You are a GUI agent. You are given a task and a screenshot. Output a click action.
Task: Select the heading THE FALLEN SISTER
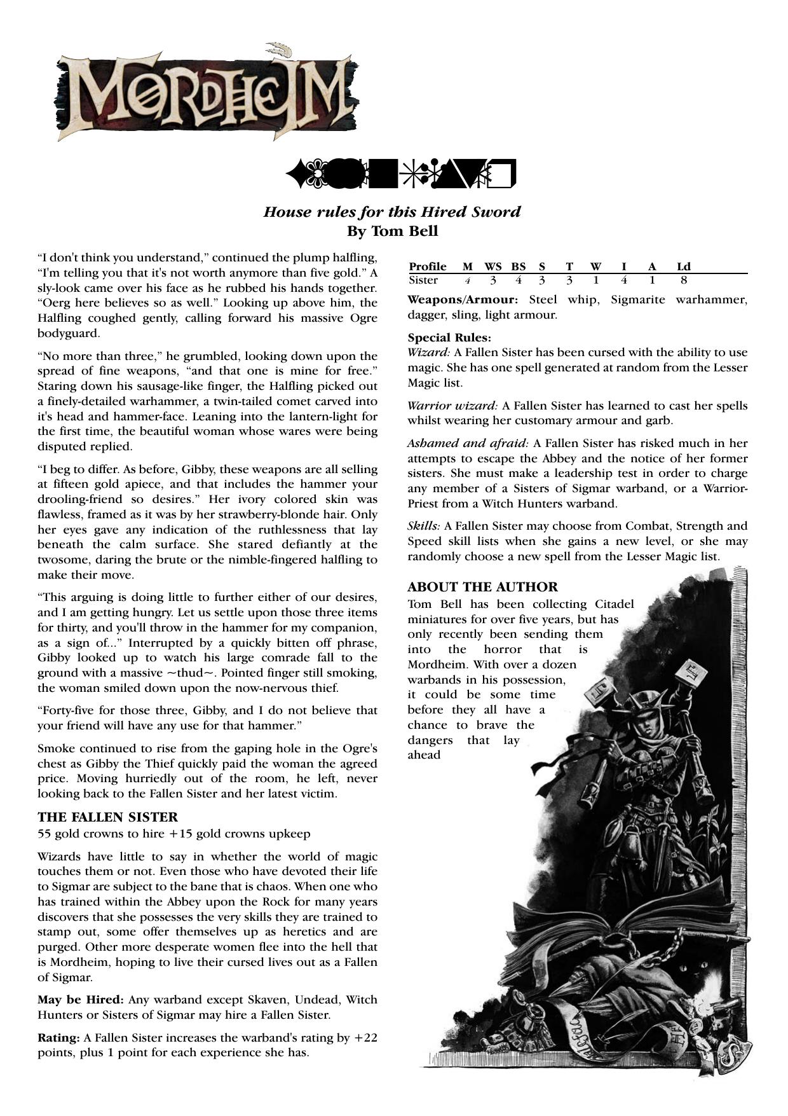(x=107, y=817)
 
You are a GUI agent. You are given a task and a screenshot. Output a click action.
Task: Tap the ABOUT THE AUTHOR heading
(x=482, y=587)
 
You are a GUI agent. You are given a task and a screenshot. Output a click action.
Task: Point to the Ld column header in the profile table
(x=684, y=266)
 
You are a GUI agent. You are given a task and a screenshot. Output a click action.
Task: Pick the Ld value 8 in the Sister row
(x=684, y=280)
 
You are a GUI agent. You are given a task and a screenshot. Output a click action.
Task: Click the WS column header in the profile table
(x=493, y=266)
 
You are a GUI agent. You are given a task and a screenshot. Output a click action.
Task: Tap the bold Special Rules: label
(x=449, y=338)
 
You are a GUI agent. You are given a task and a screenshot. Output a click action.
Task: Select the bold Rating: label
(x=58, y=1038)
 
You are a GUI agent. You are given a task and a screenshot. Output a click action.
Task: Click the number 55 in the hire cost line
(x=44, y=834)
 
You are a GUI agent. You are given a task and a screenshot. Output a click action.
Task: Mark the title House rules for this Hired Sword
(x=392, y=212)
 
